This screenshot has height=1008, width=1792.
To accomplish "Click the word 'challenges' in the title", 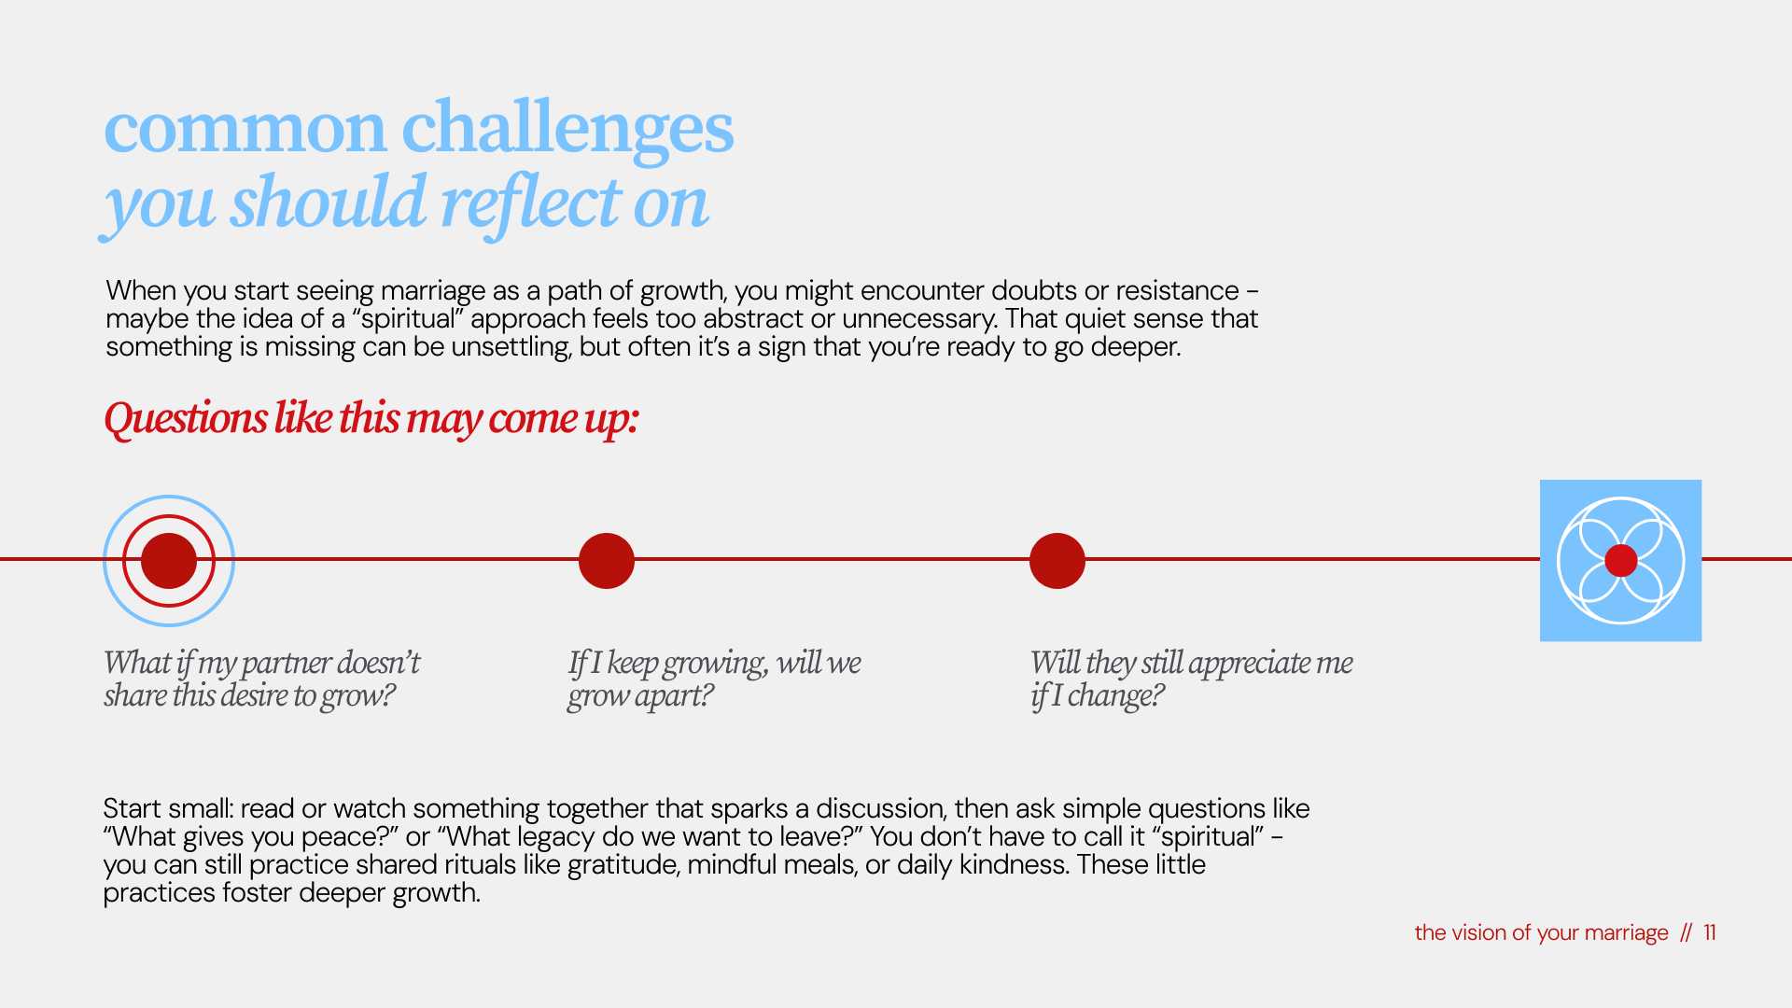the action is [x=567, y=129].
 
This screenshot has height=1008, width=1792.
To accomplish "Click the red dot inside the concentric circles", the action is [x=169, y=560].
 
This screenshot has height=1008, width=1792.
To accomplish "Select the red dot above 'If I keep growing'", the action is [x=607, y=560].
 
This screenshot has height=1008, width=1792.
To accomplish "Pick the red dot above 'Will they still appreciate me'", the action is [x=1057, y=560].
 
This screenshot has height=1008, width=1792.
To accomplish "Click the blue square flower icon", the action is [x=1620, y=560].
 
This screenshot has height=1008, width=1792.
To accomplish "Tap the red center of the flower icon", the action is [x=1621, y=560].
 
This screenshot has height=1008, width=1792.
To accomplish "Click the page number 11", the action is [x=1710, y=932].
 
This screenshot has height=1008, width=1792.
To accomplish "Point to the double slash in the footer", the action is [x=1686, y=932].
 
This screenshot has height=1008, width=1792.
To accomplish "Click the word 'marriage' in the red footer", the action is [x=1626, y=933].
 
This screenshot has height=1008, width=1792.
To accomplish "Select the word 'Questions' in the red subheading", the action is [x=186, y=418].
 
